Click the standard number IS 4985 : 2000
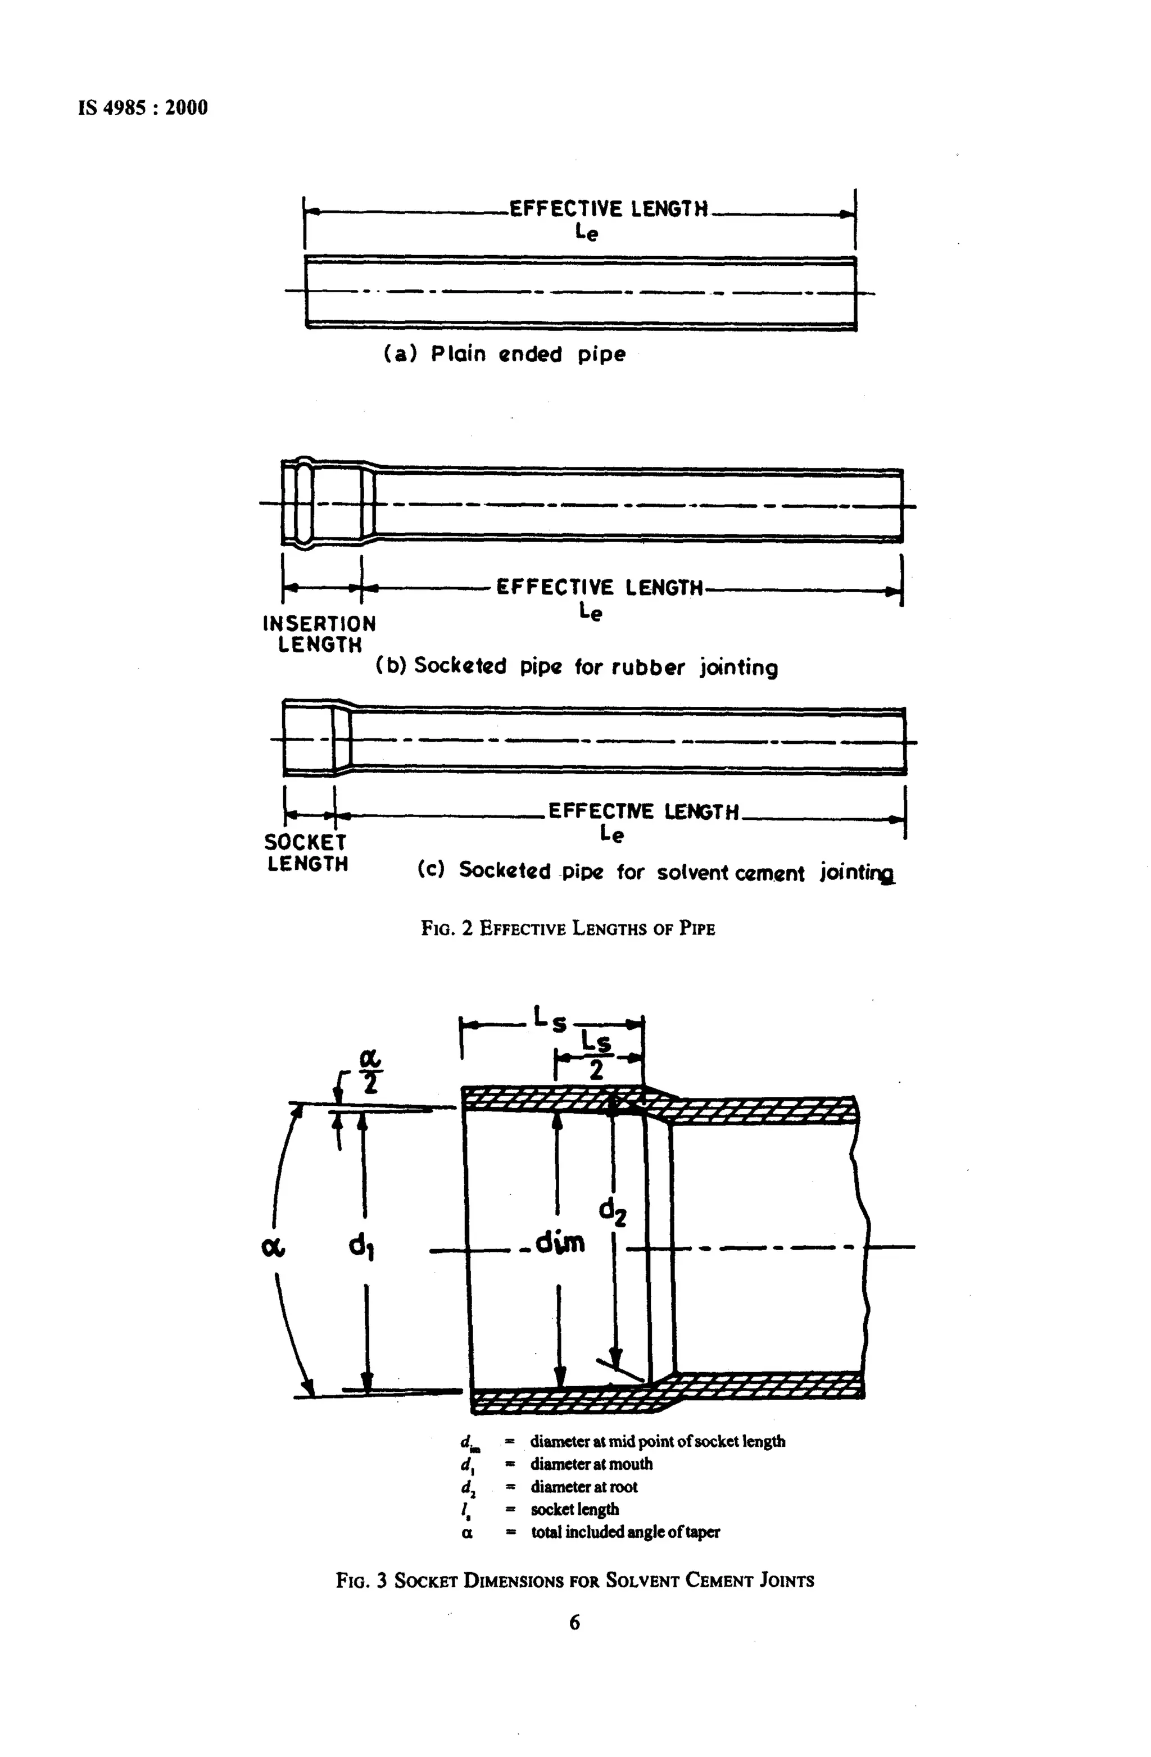click(143, 108)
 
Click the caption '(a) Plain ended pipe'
click(504, 355)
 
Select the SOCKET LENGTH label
click(306, 853)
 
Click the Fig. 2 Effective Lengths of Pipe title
click(568, 928)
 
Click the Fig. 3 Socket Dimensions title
click(574, 1581)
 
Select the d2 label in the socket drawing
click(612, 1211)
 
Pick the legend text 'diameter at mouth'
click(591, 1463)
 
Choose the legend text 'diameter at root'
click(583, 1486)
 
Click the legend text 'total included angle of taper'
click(624, 1532)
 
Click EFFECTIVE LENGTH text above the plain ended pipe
click(608, 210)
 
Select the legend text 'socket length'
click(574, 1509)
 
